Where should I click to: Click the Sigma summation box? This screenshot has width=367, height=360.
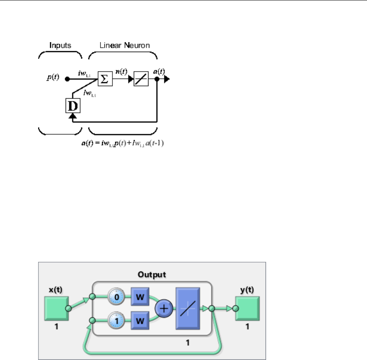pos(105,79)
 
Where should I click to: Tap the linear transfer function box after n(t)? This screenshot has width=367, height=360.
pos(141,79)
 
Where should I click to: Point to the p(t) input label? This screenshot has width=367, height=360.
pos(52,77)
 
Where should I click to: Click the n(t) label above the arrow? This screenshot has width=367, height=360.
pos(121,72)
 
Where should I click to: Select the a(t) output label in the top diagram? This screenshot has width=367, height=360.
pos(159,71)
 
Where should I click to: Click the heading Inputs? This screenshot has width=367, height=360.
pos(60,45)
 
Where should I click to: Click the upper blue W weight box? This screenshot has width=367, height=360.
pos(139,296)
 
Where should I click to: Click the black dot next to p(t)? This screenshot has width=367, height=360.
pos(68,79)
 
